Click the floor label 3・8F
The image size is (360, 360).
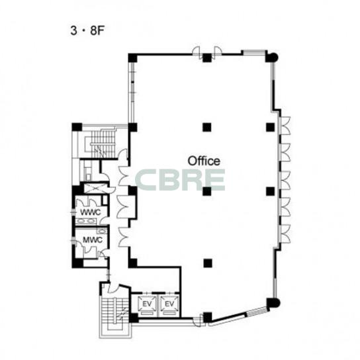[x=88, y=31]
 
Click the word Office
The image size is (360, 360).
[x=204, y=161]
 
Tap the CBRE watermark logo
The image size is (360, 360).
[x=180, y=180]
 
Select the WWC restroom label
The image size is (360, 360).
[x=91, y=212]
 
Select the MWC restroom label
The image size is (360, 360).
[x=93, y=240]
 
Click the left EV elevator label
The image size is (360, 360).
[x=147, y=304]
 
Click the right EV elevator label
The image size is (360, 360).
[x=169, y=304]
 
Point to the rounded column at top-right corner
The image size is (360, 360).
[x=272, y=57]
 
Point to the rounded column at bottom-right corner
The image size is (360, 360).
[x=273, y=303]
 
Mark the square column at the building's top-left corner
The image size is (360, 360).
[x=132, y=58]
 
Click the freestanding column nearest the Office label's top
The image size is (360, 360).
[x=207, y=127]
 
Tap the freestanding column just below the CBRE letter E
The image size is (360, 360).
[x=207, y=191]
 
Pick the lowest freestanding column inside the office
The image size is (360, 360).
[x=208, y=263]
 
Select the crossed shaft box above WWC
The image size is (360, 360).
[x=95, y=188]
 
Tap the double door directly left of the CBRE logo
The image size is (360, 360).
[x=123, y=176]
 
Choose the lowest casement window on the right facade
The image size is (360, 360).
[x=285, y=234]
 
